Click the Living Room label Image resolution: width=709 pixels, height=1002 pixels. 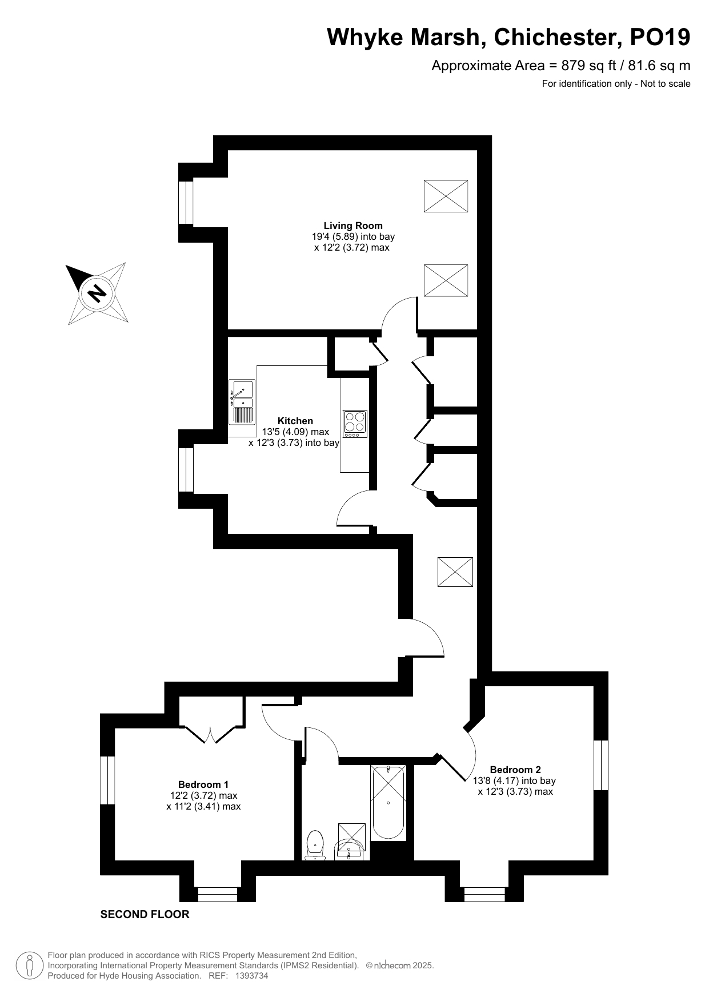[x=353, y=226]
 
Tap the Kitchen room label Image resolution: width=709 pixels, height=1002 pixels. [x=295, y=421]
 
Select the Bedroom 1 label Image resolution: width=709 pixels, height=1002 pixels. [x=203, y=784]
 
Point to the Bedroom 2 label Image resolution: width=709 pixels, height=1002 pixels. [x=515, y=770]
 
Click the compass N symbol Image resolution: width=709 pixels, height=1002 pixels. [x=98, y=293]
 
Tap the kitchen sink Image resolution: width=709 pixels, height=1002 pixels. [x=242, y=402]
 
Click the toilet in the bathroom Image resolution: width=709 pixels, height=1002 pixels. [x=315, y=846]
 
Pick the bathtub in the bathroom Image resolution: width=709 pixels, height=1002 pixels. [x=388, y=802]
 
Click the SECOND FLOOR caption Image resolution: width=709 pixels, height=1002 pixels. [x=145, y=914]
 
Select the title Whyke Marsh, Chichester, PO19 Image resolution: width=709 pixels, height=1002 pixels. [x=508, y=38]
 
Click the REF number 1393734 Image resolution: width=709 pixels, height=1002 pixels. [x=251, y=976]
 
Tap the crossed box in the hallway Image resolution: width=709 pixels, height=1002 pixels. [x=455, y=572]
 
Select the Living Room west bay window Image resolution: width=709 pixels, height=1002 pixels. [x=186, y=203]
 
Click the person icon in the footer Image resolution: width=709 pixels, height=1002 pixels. [x=30, y=965]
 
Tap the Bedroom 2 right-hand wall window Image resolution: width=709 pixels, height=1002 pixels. [x=601, y=765]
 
